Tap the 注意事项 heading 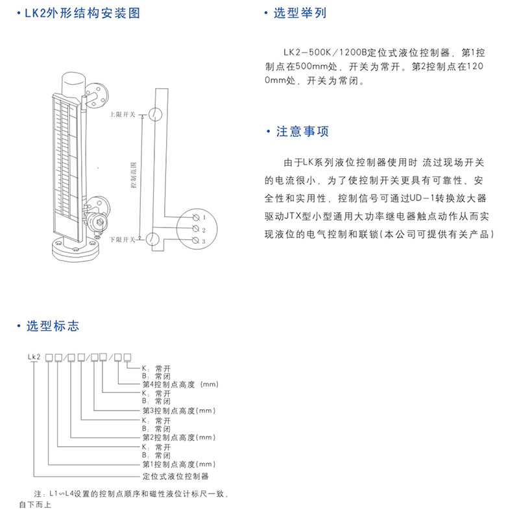[x=302, y=132]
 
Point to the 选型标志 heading [x=52, y=326]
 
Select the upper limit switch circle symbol [x=154, y=114]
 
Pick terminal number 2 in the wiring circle [x=204, y=230]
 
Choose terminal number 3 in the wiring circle [x=204, y=241]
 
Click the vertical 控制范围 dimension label [x=134, y=175]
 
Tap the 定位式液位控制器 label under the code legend [x=175, y=475]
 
